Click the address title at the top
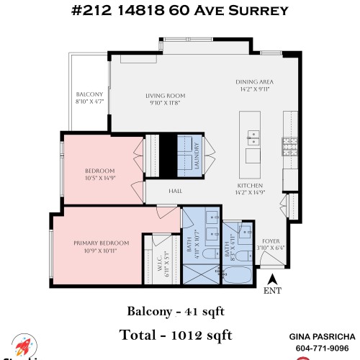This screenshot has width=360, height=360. pos(180,11)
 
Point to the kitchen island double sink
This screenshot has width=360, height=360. pos(254,135)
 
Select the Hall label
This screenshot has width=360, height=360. pos(175,191)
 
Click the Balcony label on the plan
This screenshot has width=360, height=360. pos(90,94)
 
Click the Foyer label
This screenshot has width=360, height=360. pos(271,242)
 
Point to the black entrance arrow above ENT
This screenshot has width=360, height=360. pos(272,278)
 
